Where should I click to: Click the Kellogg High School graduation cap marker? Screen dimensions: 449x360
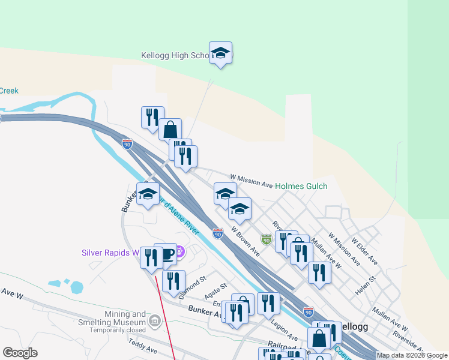[x=220, y=53]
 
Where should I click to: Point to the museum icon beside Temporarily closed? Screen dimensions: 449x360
[x=155, y=322]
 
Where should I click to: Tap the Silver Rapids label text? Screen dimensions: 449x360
[x=110, y=253]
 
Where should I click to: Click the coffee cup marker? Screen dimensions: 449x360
[x=166, y=254]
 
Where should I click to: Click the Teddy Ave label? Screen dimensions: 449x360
[x=143, y=346]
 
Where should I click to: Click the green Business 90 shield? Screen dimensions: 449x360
[x=266, y=239]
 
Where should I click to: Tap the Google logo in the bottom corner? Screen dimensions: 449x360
[x=20, y=352]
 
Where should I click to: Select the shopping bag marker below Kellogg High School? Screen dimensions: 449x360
[x=170, y=128]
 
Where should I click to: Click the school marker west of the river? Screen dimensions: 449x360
[x=148, y=194]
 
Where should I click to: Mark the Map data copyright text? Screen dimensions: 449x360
[x=412, y=355]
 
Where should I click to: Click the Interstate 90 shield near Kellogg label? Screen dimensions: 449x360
[x=308, y=312]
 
